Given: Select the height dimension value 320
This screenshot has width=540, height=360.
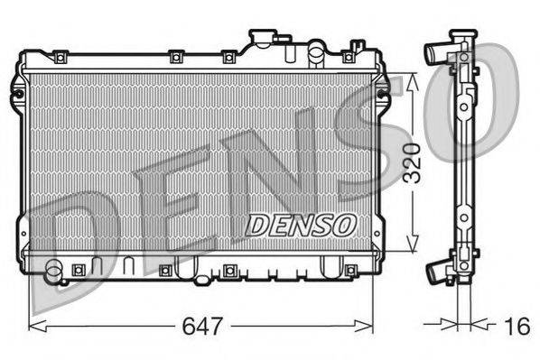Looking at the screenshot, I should (413, 163).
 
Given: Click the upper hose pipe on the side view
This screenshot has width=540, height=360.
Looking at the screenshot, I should (434, 56).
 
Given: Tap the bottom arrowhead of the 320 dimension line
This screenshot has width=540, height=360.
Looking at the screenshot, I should (413, 247).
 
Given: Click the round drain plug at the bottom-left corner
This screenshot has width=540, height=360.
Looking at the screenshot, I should (56, 269).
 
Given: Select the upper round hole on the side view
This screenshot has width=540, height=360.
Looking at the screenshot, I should (463, 106).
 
